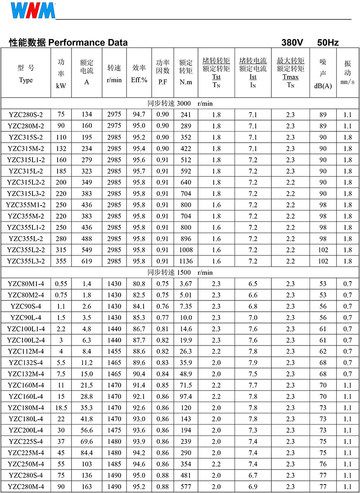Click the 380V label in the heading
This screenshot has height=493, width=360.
[x=292, y=43]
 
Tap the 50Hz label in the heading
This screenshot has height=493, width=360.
[x=328, y=43]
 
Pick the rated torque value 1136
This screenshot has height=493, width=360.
[x=185, y=261]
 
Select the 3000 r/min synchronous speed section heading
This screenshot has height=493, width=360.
[x=180, y=103]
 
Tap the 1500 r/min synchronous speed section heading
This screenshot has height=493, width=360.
[x=180, y=272]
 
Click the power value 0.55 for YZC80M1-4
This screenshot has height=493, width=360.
[x=61, y=284]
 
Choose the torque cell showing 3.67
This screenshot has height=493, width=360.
[x=185, y=284]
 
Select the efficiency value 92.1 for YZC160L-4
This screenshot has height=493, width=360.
[x=139, y=396]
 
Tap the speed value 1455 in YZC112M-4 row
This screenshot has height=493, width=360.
[x=114, y=351]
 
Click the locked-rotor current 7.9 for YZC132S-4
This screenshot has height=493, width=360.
[x=253, y=363]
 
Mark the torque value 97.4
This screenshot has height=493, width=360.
[x=185, y=396]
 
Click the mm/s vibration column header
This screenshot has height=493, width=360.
[x=347, y=82]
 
